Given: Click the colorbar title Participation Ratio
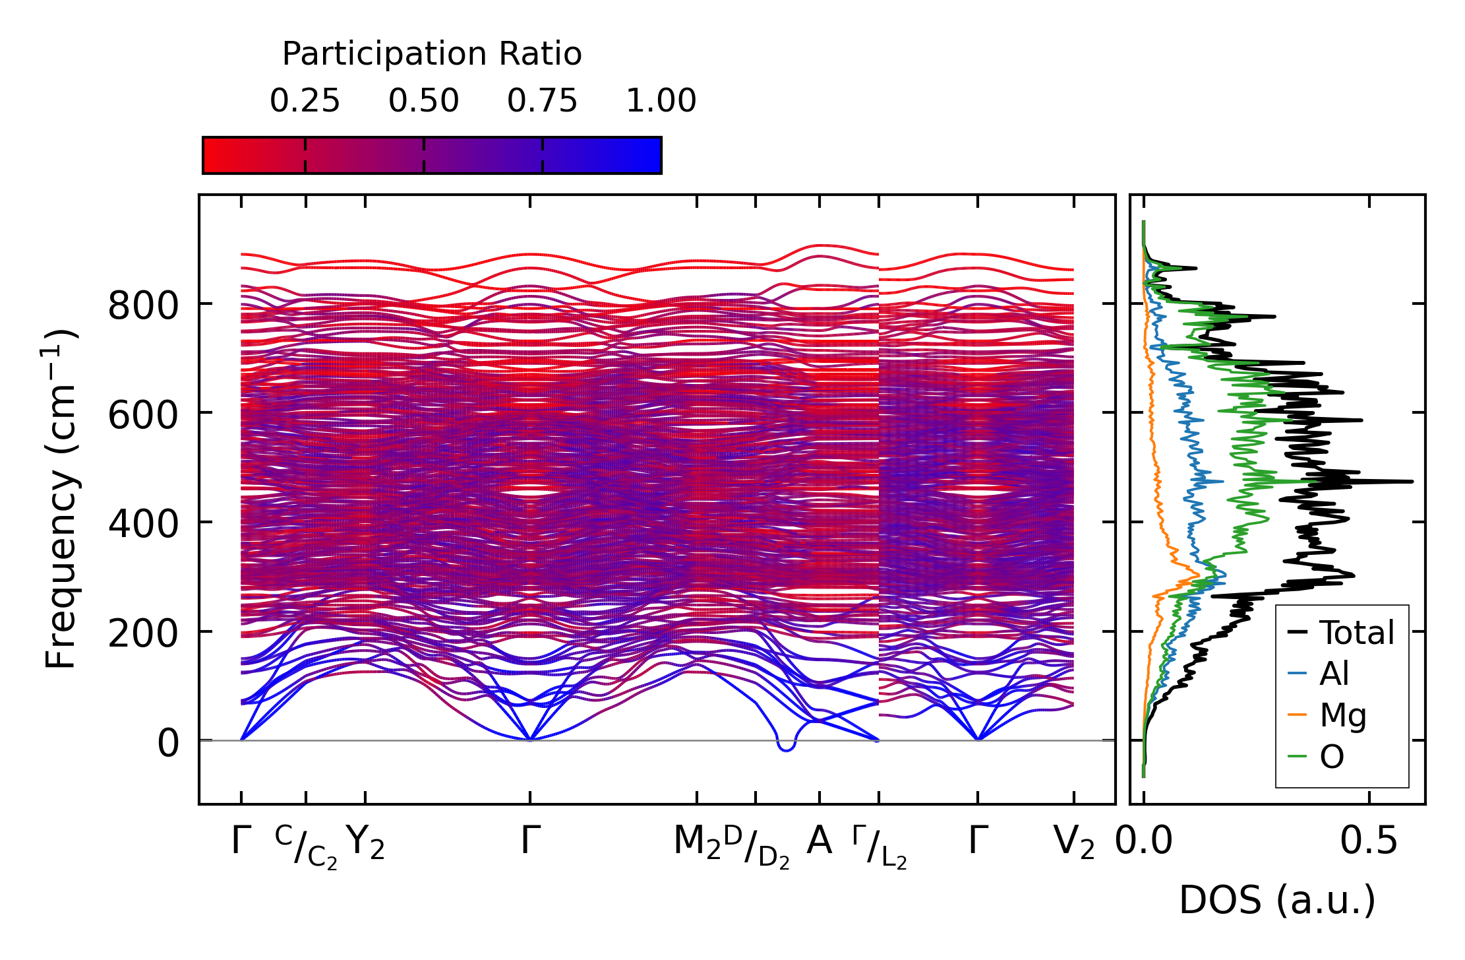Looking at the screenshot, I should point(432,54).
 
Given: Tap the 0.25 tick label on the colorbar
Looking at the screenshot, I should point(305,102).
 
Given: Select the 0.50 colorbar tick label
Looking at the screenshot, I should point(423,102).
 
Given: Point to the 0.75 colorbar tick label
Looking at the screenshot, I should point(542,102).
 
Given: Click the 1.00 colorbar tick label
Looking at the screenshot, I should point(661,102).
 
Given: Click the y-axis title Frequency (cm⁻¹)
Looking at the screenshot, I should point(61,499).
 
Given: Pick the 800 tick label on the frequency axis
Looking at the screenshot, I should point(143,306).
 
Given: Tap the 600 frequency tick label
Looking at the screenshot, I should point(143,416).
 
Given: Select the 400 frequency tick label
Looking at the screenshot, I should point(143,525).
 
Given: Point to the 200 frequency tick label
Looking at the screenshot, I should point(143,634).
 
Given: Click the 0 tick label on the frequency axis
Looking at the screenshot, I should point(167,744).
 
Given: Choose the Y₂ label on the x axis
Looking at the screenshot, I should point(365,843).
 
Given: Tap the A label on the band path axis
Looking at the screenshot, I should point(819,841).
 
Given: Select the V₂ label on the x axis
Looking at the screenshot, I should point(1074,843).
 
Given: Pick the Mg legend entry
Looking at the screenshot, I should point(1342,715).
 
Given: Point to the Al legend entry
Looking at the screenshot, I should point(1334,674).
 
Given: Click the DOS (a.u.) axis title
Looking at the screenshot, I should point(1277,901).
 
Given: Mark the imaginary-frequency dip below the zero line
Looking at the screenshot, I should point(787,748).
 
